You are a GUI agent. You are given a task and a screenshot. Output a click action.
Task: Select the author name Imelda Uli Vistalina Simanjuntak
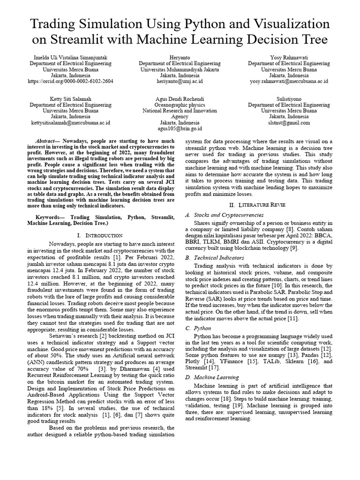[71, 57]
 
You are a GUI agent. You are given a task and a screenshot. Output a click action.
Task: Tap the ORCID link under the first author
[71, 81]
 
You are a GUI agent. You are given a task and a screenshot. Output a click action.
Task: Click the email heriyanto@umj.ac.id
[180, 81]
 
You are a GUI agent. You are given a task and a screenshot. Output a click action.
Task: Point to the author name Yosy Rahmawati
[289, 57]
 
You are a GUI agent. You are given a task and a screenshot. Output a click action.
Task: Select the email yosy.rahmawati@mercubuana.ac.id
[289, 81]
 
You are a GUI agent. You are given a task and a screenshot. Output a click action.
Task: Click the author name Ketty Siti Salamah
[71, 99]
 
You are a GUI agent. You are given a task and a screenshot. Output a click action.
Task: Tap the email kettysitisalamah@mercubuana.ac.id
[71, 123]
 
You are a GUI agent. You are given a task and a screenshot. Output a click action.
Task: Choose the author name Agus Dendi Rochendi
[180, 99]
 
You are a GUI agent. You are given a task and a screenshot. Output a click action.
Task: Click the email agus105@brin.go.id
[180, 128]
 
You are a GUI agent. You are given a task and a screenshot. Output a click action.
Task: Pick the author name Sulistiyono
[289, 99]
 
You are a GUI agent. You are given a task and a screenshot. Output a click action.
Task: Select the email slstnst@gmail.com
[289, 123]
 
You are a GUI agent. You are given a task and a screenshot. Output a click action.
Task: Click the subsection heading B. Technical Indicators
[215, 258]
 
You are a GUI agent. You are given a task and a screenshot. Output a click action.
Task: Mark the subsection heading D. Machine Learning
[212, 377]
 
